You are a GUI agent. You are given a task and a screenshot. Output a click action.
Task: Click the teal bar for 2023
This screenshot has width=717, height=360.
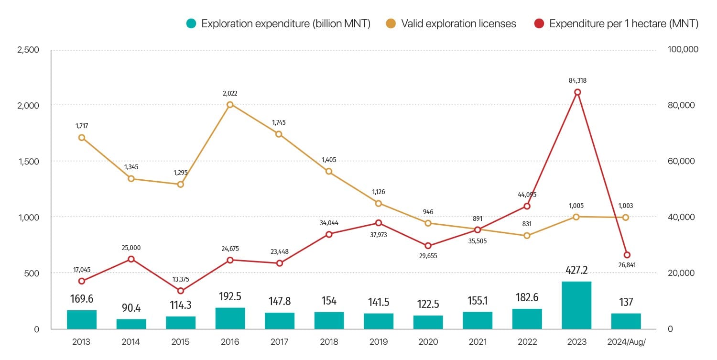click(576, 305)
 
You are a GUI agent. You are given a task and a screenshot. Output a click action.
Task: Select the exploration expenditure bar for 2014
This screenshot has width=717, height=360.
click(131, 324)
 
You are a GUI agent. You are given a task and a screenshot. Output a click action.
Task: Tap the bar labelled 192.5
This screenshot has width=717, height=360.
click(230, 318)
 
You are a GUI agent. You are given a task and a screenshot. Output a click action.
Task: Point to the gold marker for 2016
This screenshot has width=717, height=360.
click(230, 105)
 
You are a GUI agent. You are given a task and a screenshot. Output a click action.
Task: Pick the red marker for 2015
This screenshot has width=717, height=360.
click(181, 291)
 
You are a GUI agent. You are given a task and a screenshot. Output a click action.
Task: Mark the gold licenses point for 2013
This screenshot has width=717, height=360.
click(82, 138)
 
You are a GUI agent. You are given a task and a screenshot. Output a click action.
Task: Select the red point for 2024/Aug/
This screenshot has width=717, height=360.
click(627, 255)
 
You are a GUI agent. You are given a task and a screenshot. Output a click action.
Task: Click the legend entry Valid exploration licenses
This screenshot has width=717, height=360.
click(458, 24)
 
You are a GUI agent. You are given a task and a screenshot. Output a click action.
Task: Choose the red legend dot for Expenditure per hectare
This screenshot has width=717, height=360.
click(540, 24)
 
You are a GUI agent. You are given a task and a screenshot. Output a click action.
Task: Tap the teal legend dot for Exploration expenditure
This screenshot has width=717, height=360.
click(192, 24)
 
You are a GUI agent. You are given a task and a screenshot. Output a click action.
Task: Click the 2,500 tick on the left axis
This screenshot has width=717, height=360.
click(28, 49)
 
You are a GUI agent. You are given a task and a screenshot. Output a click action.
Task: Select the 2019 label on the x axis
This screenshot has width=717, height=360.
click(379, 342)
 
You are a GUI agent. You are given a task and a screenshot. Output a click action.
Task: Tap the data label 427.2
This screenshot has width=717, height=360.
click(576, 270)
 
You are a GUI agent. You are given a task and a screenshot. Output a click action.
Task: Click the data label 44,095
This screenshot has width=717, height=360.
click(527, 195)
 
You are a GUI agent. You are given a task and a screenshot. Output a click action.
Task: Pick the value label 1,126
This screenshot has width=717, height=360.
click(379, 192)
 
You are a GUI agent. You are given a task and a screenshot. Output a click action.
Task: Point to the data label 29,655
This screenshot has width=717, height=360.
click(428, 256)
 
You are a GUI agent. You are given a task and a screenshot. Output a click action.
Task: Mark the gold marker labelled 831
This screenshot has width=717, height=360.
click(527, 236)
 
